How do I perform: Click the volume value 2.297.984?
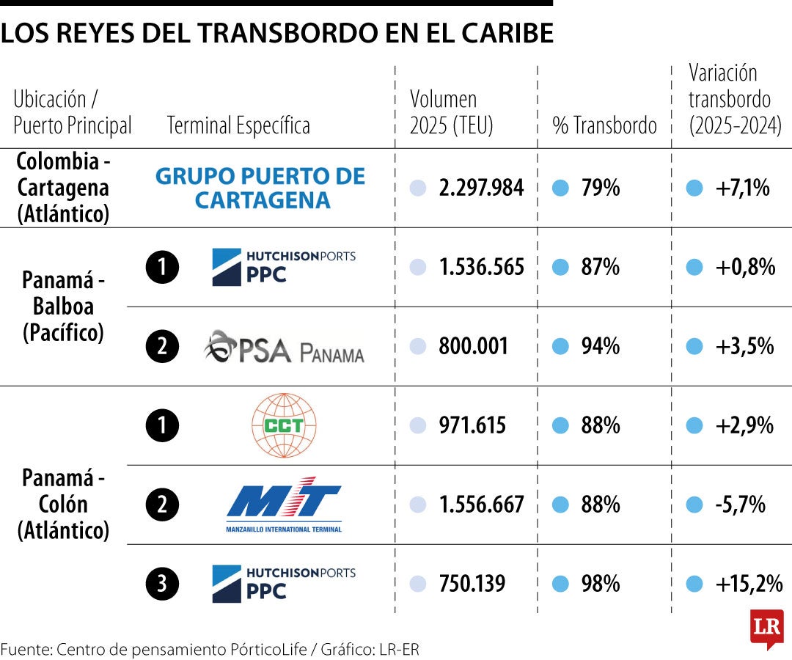point(481,188)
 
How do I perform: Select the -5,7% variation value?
point(741,505)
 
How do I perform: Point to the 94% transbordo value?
point(600,346)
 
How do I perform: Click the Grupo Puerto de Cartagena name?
point(260,188)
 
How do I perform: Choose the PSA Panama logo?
point(284,347)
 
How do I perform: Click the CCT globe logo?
point(283,425)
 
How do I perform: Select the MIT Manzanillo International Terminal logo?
point(284,505)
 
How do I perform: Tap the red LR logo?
point(766,628)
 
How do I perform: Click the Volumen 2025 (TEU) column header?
point(451,112)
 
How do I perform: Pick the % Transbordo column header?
point(604,125)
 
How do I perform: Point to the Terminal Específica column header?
point(238,125)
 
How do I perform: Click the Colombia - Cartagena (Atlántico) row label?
point(63,188)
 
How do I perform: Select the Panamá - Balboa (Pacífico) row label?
point(63,307)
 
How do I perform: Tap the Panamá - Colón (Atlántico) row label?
point(63,505)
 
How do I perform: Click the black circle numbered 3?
point(161,584)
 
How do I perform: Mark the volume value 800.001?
point(473,346)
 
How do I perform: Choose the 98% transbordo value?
point(600,584)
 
